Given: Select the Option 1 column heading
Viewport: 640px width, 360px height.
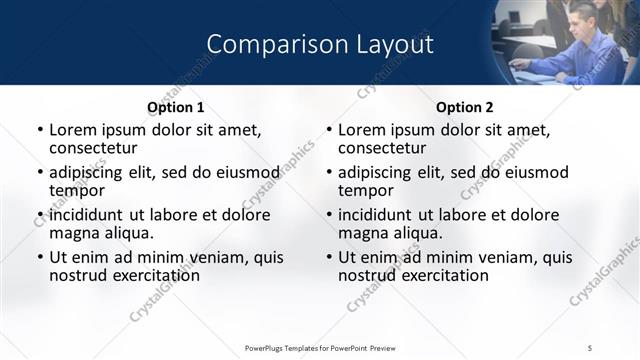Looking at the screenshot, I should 175,107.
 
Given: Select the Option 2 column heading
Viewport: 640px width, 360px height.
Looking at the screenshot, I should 465,107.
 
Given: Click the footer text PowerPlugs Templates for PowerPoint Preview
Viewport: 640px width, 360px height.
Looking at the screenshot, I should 320,347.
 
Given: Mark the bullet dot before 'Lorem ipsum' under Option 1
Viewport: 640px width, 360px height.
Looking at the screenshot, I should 40,131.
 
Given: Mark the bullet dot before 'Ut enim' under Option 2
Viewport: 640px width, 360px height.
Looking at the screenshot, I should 329,257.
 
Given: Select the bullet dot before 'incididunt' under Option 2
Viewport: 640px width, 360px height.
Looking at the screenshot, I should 329,215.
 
